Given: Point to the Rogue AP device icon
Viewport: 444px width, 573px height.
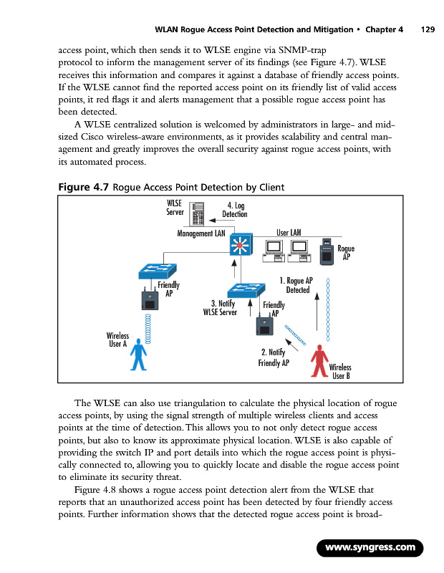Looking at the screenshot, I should [327, 253].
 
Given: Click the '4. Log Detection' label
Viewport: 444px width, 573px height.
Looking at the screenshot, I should [234, 210].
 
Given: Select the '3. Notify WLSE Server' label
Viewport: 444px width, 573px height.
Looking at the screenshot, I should [221, 307].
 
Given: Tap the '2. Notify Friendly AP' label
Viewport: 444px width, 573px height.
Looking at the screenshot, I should [274, 357].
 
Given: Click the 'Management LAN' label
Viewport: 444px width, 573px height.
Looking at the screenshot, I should [201, 233].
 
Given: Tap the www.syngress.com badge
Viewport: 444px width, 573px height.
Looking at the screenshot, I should [370, 548].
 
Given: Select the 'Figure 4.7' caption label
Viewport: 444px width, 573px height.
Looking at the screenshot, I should [82, 188].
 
